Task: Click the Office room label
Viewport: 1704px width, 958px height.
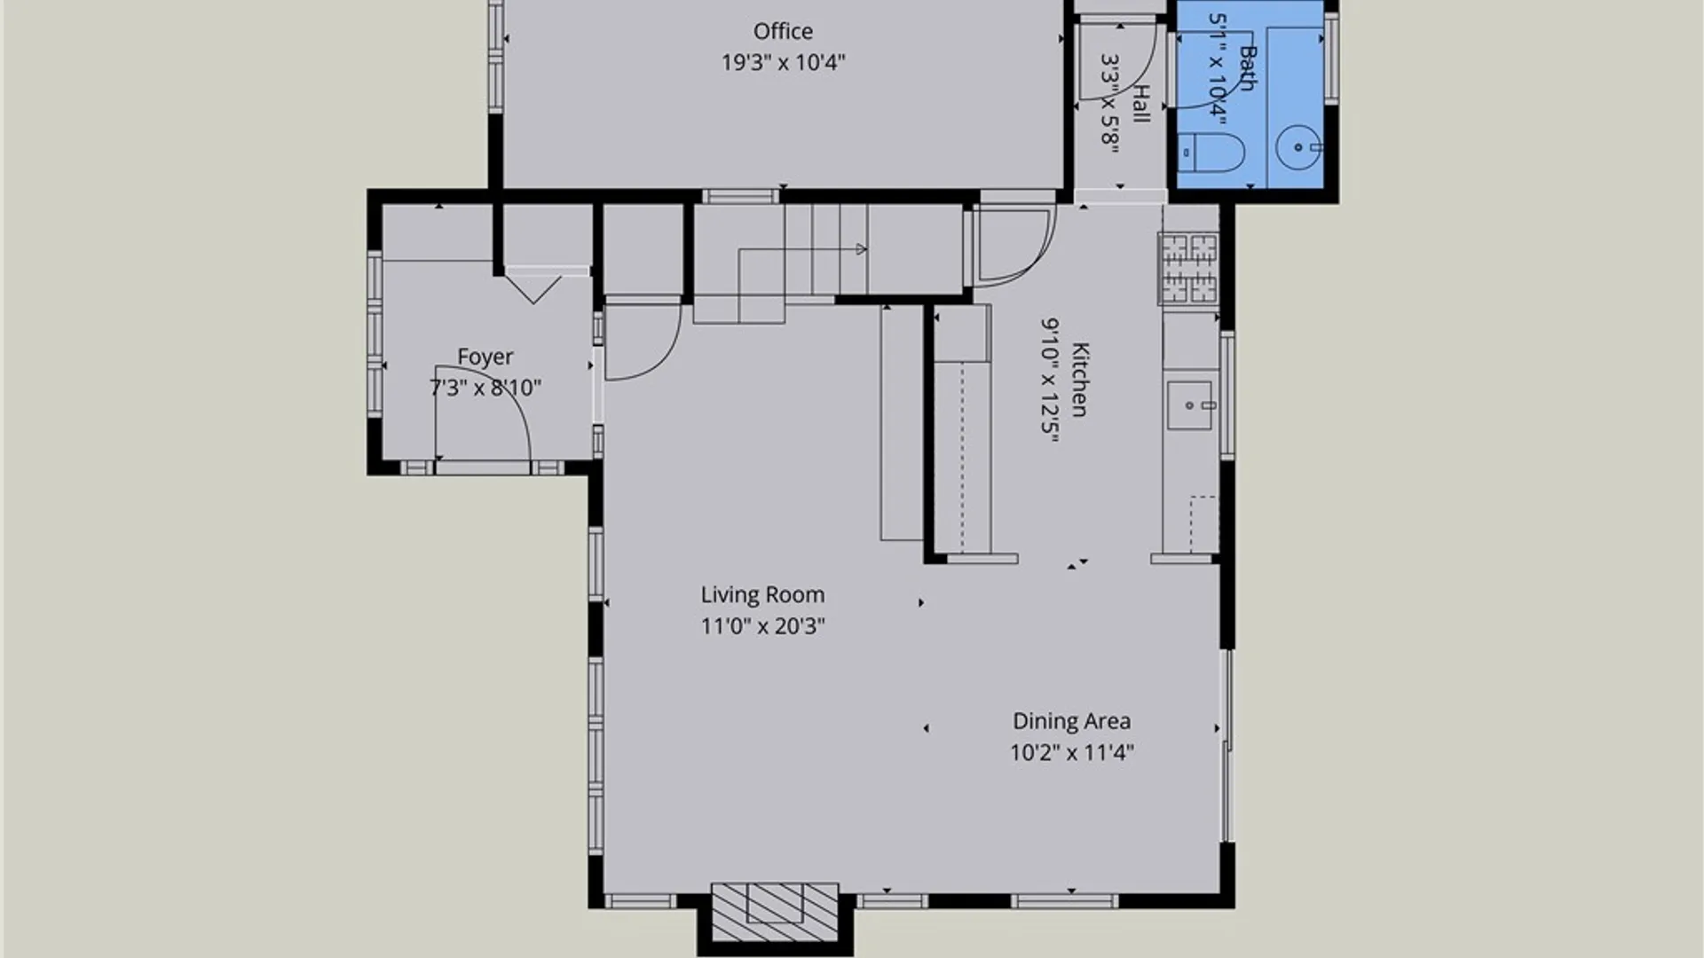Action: coord(783,31)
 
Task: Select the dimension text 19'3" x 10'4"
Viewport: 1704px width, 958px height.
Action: coord(783,62)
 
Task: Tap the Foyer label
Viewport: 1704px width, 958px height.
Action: coord(485,357)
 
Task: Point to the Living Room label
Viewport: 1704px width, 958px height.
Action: coord(762,594)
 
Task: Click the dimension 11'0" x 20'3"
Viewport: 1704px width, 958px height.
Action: coord(762,626)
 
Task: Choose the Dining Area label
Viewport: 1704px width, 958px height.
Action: coord(1071,721)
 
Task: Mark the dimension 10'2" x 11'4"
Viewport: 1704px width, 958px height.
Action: coord(1071,752)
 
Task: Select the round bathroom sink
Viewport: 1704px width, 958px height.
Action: coord(1299,147)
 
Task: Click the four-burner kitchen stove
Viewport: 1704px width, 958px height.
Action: coord(1188,268)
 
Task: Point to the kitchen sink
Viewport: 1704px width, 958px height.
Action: coord(1189,405)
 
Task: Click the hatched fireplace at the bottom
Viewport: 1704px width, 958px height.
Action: coord(775,912)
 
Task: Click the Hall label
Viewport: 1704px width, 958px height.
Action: coord(1141,104)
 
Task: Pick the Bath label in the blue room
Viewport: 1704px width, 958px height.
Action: coord(1247,68)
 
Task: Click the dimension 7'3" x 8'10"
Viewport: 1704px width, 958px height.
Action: coord(485,388)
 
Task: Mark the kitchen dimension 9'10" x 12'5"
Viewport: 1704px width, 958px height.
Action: coord(1049,379)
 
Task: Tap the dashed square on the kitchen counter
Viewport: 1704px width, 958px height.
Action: coord(1204,524)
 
